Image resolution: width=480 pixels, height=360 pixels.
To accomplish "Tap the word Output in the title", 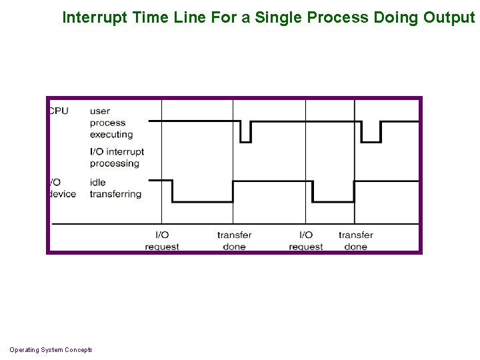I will click(x=449, y=17).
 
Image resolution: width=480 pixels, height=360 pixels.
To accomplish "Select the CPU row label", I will click(x=59, y=111).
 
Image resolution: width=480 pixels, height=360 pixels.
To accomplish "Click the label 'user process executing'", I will click(x=111, y=123).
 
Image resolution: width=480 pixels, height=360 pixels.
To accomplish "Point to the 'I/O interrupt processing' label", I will click(x=117, y=157).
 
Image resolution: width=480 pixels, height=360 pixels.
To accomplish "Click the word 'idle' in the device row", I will click(x=97, y=182).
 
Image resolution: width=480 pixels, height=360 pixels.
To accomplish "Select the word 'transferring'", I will click(x=115, y=194).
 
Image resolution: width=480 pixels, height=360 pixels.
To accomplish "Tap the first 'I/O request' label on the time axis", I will click(x=162, y=241).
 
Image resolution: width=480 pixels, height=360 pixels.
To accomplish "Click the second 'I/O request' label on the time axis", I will click(x=306, y=241).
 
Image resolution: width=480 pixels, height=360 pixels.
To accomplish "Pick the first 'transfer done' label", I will click(x=234, y=241).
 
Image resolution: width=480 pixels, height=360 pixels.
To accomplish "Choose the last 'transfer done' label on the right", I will click(x=355, y=241).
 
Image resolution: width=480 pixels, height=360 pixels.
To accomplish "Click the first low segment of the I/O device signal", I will click(x=203, y=201).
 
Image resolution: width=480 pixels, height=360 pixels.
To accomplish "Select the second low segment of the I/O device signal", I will click(x=333, y=201).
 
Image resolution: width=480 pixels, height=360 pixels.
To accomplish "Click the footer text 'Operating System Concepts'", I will click(x=51, y=350).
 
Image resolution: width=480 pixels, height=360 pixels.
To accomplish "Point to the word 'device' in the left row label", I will click(x=63, y=194).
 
